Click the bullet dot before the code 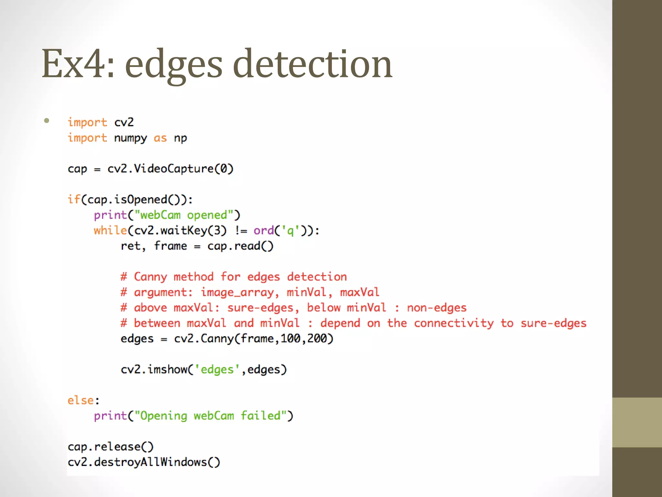47,121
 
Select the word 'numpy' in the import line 131,138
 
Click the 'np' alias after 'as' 180,138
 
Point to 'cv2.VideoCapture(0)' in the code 170,169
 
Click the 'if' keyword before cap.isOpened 74,199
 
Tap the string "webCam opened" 187,215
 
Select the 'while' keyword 110,230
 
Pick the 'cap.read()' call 240,246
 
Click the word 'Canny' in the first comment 150,277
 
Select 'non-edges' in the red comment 436,308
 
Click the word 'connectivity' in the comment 454,323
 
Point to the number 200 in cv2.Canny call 317,339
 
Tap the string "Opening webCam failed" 211,416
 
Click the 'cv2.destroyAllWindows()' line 144,462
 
